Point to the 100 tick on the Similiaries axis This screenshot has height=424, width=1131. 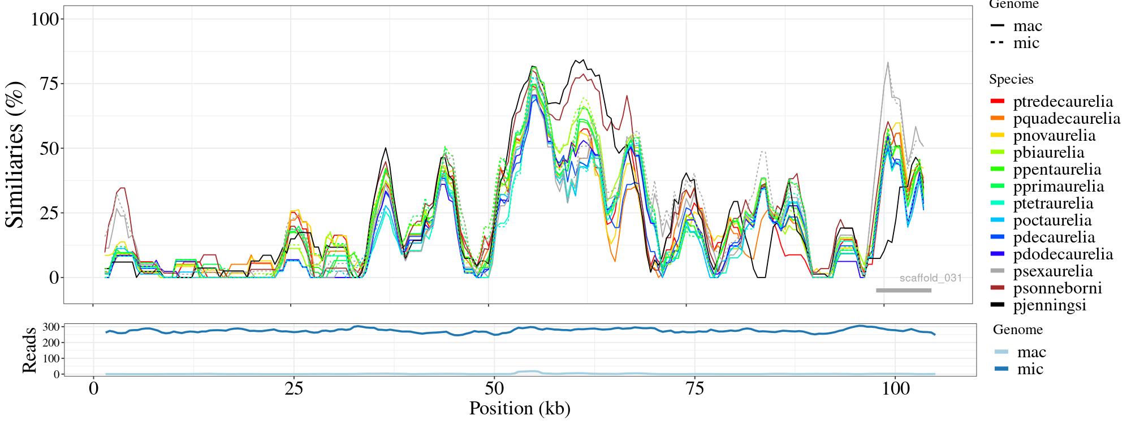click(x=45, y=19)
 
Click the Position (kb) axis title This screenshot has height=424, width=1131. click(x=520, y=408)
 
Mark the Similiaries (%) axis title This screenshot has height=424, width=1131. click(x=16, y=154)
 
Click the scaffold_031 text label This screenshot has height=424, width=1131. click(x=931, y=278)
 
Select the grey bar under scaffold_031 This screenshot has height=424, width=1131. click(x=904, y=291)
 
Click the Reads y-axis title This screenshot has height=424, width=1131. click(x=29, y=350)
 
